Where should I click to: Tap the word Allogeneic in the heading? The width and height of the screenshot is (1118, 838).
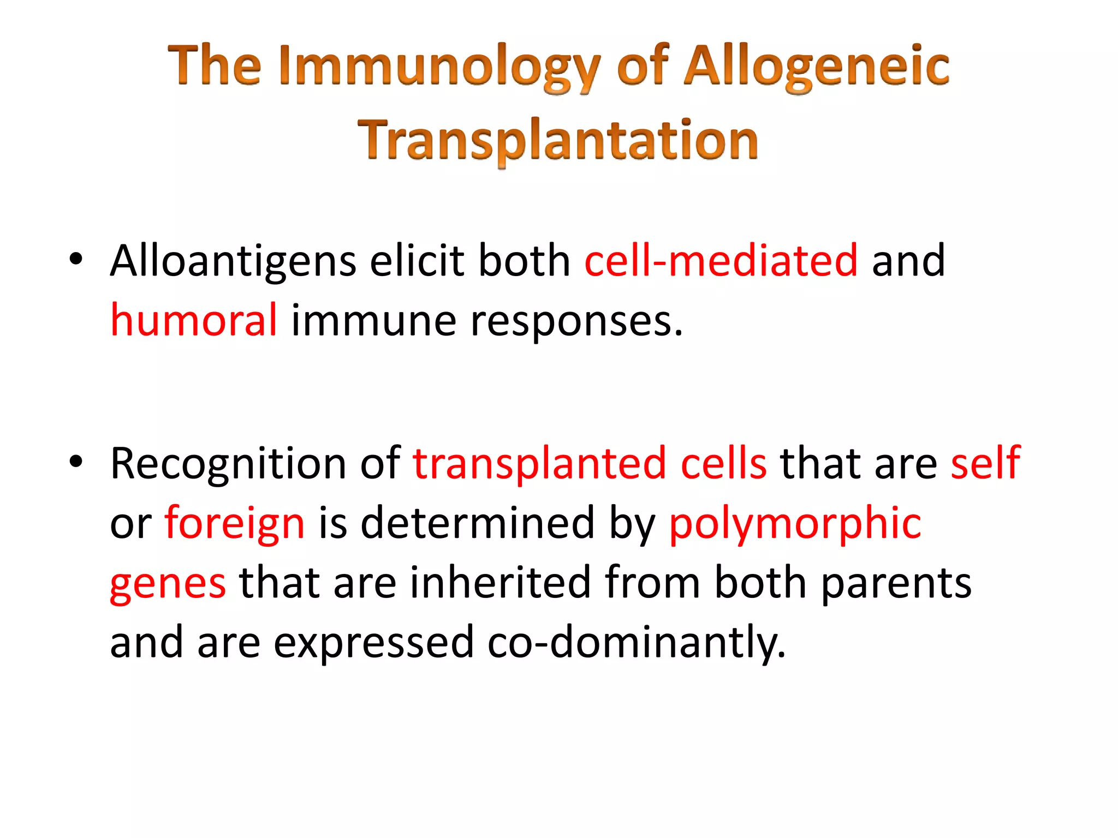tap(817, 67)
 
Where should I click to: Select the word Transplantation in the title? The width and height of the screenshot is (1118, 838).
tap(558, 140)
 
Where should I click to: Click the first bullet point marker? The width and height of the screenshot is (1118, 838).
tap(76, 259)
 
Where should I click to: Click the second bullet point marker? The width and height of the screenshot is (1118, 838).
tap(76, 462)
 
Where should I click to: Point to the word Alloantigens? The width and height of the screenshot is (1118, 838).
tap(233, 261)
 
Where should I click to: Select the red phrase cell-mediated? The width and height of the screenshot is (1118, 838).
tap(721, 261)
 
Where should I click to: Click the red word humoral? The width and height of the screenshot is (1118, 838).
tap(194, 320)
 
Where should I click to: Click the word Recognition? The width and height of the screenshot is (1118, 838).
tap(228, 464)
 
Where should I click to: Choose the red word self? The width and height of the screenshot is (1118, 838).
tap(985, 463)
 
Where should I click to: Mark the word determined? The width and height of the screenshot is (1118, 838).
tap(478, 523)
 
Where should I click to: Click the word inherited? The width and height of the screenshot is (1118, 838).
tap(501, 582)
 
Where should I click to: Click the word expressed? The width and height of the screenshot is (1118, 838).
tap(373, 643)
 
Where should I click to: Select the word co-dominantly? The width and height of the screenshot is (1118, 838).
tap(637, 643)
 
